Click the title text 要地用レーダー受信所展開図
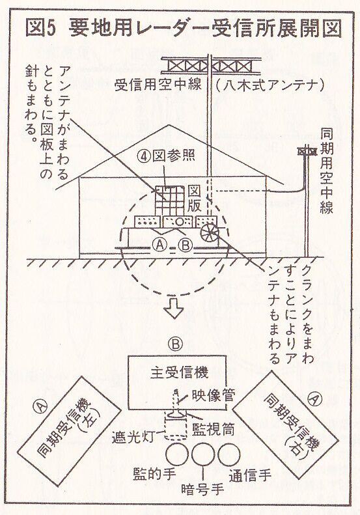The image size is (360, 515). coord(206,28)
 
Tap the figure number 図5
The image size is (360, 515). coord(40,28)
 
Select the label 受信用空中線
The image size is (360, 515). coord(158,85)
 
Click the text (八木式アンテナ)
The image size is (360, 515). coord(270,85)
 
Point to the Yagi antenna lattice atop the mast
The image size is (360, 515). coord(211,66)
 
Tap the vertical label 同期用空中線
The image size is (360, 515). coord(326,171)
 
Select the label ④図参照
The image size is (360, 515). coord(166,156)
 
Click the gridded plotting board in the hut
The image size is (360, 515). coord(169,201)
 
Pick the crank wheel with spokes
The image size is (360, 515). coord(209,232)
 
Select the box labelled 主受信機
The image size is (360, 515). coord(177,383)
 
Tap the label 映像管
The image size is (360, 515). coord(214,396)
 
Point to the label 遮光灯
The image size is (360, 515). coord(133,438)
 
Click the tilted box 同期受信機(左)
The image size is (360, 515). coord(69,430)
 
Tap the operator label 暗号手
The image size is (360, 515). coord(202,490)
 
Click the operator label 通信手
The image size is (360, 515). coord(250,475)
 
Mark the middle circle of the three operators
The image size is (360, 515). coord(203,454)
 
